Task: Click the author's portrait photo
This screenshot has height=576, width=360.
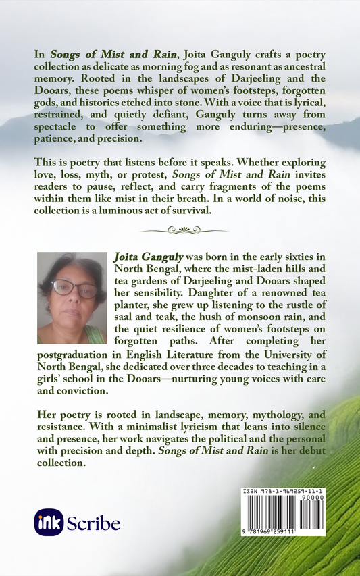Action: pos(72,298)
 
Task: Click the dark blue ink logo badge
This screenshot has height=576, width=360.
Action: pos(48,522)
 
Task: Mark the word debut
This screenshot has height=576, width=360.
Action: pos(309,452)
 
